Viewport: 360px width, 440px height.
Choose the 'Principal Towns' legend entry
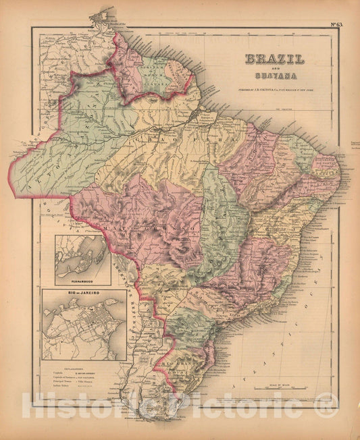click(61, 381)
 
